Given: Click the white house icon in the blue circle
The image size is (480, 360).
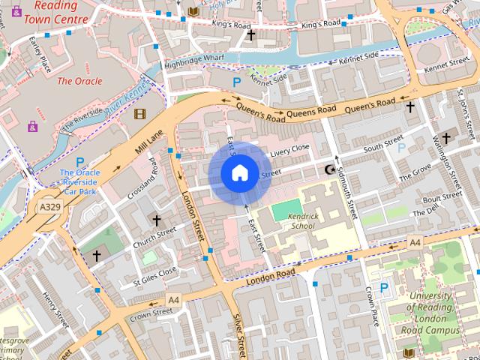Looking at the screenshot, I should tap(239, 173).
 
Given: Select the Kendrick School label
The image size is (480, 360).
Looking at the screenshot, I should tap(291, 220).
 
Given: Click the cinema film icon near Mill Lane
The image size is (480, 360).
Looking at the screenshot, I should tap(139, 114).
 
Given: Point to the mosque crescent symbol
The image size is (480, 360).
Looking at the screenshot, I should tap(328, 170).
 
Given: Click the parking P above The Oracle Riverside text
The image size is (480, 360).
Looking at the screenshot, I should tap(79, 162).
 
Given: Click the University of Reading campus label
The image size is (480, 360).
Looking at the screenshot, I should tap(430, 312).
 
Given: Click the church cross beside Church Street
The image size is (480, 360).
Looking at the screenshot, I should tap(156, 220).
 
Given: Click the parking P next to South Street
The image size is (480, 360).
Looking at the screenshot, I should tap(401, 148).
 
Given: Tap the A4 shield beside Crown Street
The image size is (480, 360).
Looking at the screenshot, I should tap(173, 299).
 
